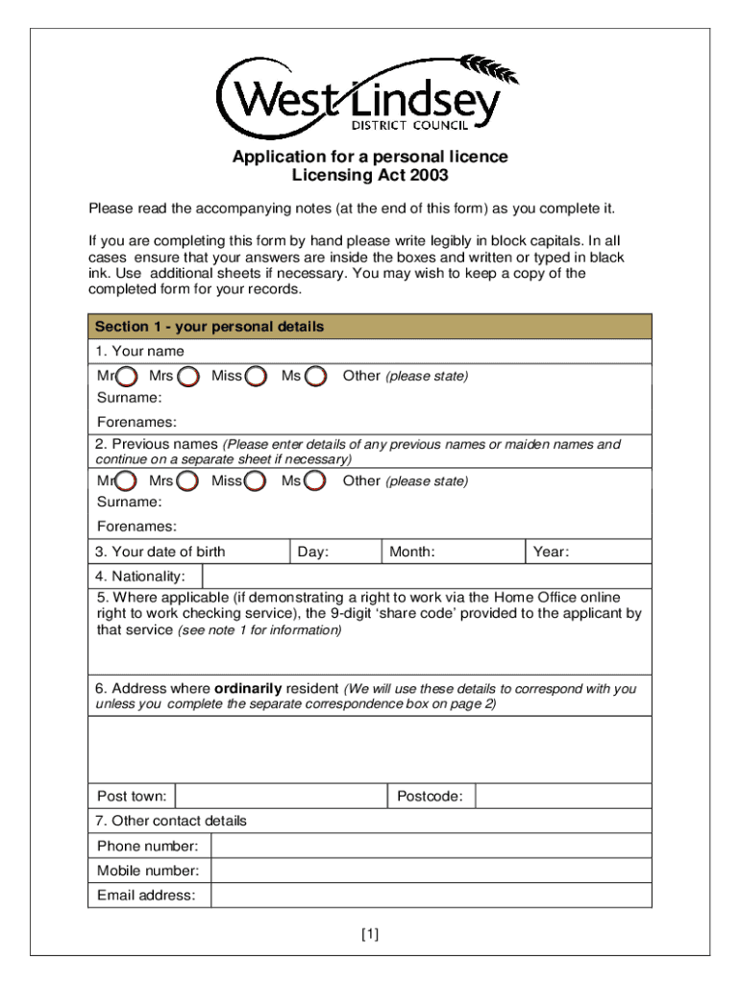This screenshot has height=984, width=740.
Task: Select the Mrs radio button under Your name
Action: click(x=189, y=377)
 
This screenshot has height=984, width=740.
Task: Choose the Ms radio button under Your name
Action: click(x=315, y=377)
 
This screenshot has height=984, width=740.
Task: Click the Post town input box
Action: click(x=281, y=797)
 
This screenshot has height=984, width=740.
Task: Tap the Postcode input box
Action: click(x=562, y=797)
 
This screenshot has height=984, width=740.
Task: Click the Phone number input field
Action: click(x=430, y=846)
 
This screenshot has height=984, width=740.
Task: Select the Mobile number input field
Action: click(x=430, y=871)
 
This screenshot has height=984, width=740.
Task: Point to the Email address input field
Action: click(x=430, y=896)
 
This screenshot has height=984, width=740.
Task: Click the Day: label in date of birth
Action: click(x=313, y=552)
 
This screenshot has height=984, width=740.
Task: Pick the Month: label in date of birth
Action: click(x=411, y=552)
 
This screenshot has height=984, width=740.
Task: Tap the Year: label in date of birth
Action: click(x=552, y=552)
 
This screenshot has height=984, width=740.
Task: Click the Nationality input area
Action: click(x=426, y=577)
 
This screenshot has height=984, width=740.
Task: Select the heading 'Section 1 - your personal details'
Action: click(x=210, y=327)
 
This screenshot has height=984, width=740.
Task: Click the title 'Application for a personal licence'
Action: click(x=370, y=157)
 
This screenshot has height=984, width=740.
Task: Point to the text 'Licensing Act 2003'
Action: click(x=370, y=176)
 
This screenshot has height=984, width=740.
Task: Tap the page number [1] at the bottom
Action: click(x=370, y=934)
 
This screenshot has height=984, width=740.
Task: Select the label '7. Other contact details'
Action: click(x=171, y=821)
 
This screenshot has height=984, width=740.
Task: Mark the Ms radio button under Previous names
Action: click(x=315, y=481)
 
